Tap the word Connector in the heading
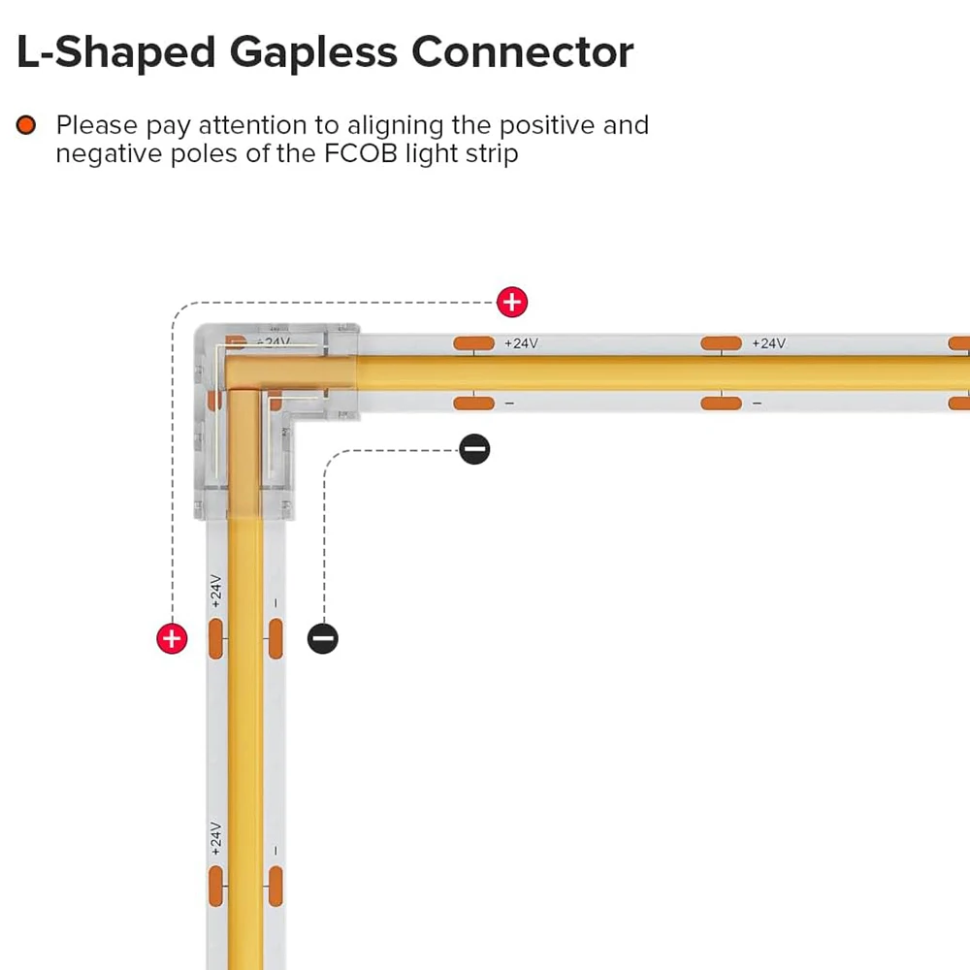point(523,52)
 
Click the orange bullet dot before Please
point(26,125)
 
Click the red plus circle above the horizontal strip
point(511,303)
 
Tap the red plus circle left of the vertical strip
point(172,638)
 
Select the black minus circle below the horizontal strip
point(474,448)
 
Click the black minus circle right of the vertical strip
point(323,638)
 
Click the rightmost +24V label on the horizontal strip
point(767,343)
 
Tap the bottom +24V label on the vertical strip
point(215,838)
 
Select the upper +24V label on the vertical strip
point(215,591)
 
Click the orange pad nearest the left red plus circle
point(215,640)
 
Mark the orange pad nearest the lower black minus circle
point(275,640)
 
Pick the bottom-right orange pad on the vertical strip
point(275,888)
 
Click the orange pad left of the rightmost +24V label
point(721,343)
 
